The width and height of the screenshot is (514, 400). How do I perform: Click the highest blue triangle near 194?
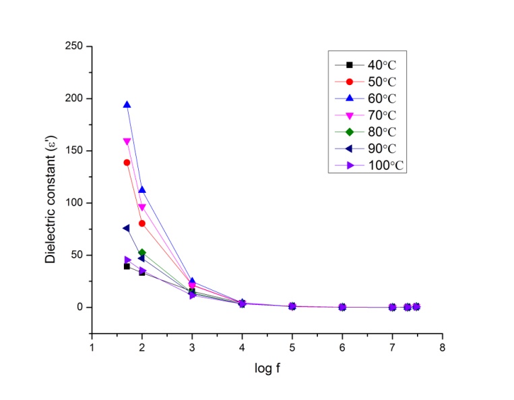point(127,105)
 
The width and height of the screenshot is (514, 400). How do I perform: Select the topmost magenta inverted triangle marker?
point(127,142)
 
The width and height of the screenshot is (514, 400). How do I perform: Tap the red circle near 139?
point(127,163)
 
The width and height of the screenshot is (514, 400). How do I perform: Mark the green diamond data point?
point(142,252)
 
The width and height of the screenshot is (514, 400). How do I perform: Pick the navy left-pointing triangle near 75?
point(126,228)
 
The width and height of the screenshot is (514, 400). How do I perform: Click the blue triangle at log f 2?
point(142,190)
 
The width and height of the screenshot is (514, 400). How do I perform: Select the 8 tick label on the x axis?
point(442,347)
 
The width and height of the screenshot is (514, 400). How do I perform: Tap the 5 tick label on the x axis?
point(292,347)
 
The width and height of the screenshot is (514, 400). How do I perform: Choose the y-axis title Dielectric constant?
point(50,190)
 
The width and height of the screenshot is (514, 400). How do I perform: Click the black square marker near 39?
point(127,266)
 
